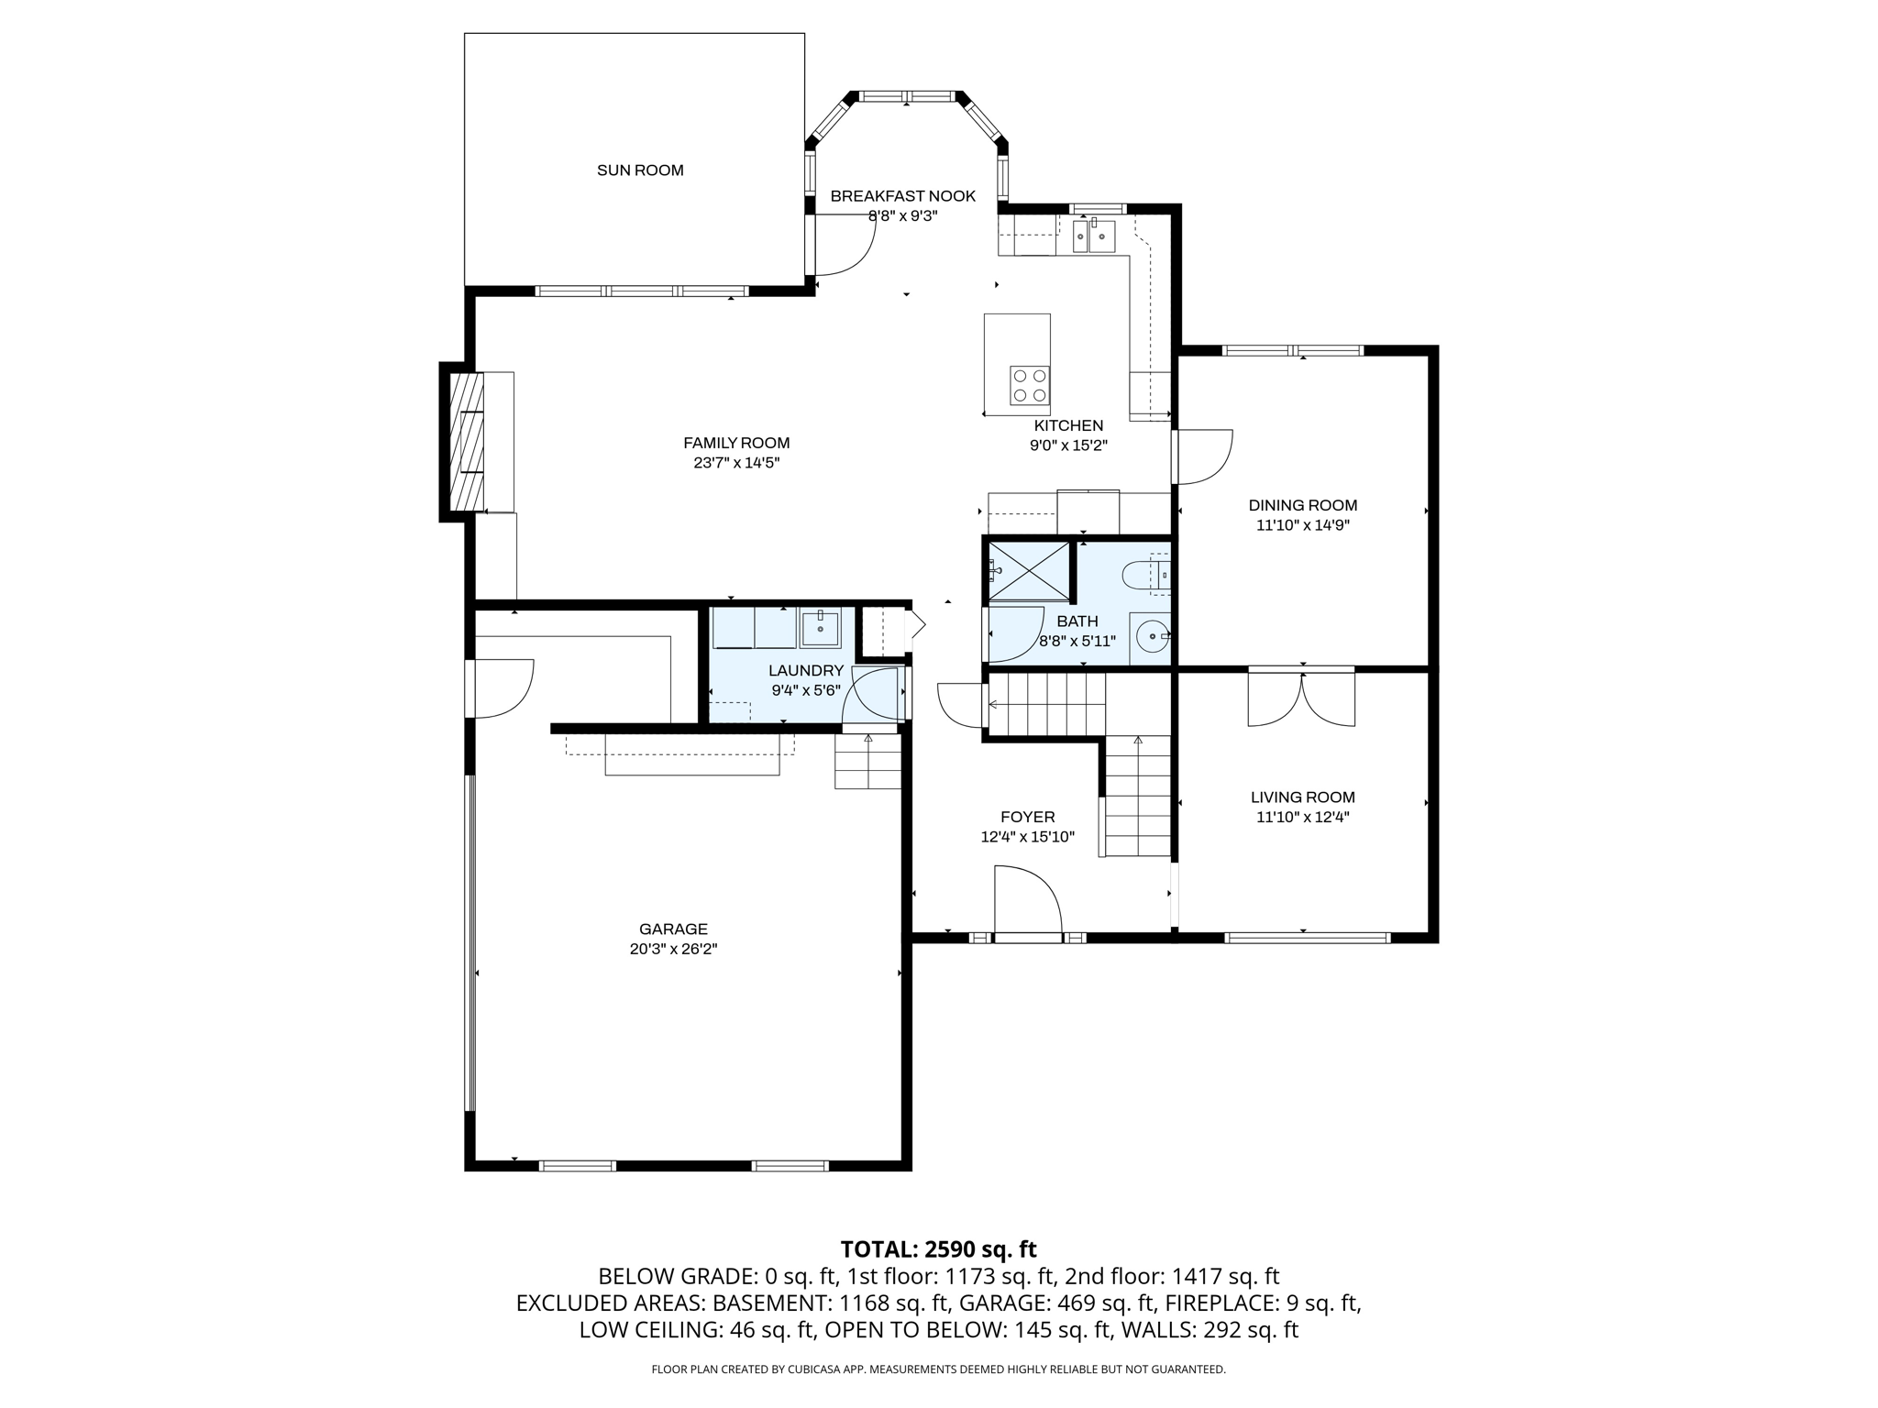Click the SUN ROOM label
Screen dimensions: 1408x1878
point(640,170)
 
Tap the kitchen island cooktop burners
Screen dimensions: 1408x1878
point(1029,385)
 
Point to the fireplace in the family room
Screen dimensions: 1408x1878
point(467,441)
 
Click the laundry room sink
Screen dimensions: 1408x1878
point(820,629)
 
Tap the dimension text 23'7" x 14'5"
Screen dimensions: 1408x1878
point(736,464)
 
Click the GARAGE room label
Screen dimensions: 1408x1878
point(673,929)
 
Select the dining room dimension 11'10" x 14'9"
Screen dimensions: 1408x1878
point(1302,526)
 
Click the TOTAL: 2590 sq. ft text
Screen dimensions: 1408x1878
point(938,1249)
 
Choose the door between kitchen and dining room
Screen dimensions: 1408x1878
point(1203,456)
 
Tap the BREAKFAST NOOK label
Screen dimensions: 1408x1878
point(902,196)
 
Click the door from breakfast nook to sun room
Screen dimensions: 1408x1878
point(844,246)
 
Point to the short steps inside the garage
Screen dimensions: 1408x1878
point(867,762)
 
